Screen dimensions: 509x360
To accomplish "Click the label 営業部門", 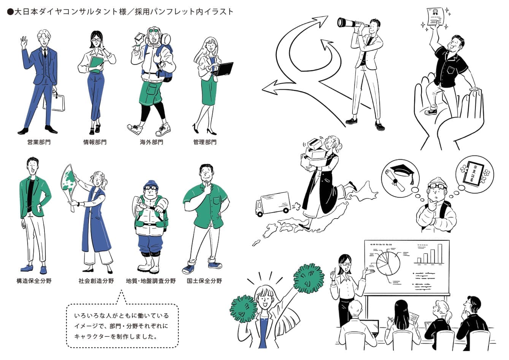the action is [x=39, y=142].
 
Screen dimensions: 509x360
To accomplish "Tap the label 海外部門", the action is [x=151, y=142].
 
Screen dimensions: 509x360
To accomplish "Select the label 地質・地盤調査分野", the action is [x=151, y=281].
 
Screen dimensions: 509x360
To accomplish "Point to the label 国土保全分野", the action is [x=204, y=281].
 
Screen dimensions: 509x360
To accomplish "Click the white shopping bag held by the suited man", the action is [x=54, y=103].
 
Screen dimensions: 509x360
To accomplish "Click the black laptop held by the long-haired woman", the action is [x=223, y=69].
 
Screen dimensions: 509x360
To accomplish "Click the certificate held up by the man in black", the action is [x=435, y=16].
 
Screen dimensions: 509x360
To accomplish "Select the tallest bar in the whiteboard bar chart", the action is [x=440, y=254].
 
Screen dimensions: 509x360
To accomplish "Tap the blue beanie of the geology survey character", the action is [x=151, y=185].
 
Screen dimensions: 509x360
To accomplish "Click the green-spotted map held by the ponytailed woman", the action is [x=70, y=185].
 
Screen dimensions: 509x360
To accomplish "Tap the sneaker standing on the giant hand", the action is [x=431, y=112].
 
